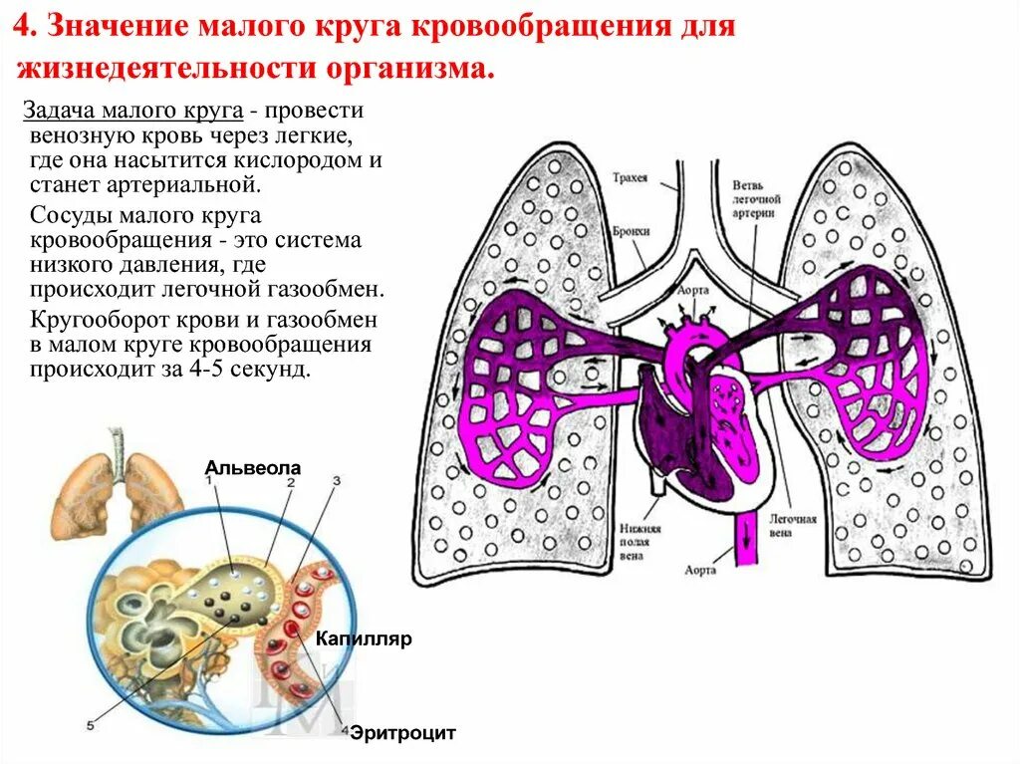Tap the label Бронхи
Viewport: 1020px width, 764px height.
[x=633, y=231]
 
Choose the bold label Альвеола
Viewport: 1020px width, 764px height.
[x=253, y=467]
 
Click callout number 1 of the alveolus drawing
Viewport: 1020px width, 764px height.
[x=210, y=480]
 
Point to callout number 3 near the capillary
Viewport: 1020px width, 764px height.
[x=336, y=480]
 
